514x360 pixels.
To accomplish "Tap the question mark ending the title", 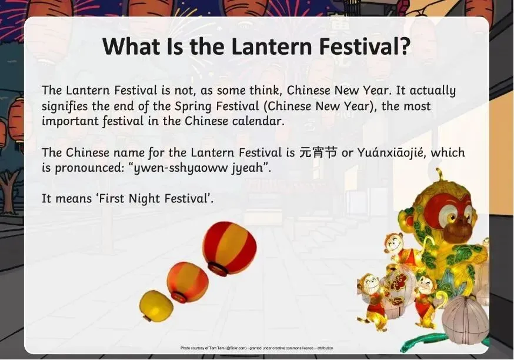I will [404, 45].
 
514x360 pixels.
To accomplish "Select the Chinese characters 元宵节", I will [318, 152].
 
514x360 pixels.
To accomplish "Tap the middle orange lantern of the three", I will [188, 282].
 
